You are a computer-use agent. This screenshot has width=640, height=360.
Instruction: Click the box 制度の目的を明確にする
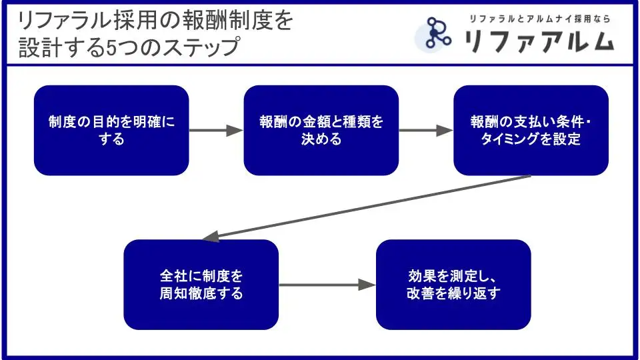[x=111, y=130]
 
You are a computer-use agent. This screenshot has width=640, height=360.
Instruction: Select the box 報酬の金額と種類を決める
[x=321, y=130]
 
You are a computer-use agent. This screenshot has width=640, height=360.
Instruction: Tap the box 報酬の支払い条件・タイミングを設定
[x=531, y=130]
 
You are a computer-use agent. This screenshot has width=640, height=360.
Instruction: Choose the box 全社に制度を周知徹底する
[x=201, y=285]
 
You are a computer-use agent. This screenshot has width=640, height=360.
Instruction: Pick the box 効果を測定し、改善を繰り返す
[x=453, y=285]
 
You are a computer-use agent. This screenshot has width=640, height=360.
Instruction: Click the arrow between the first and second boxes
[x=216, y=131]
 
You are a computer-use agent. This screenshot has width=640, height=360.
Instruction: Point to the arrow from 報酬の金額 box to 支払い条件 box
[x=426, y=131]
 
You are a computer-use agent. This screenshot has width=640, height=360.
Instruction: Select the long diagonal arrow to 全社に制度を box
[x=367, y=206]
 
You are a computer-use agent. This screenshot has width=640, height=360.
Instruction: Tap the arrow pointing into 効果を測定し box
[x=327, y=285]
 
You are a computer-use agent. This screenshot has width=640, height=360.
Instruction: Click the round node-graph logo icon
[x=437, y=34]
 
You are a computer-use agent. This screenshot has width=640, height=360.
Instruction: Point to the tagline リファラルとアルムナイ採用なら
[x=539, y=19]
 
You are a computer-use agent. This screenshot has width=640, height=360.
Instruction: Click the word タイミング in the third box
[x=515, y=139]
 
